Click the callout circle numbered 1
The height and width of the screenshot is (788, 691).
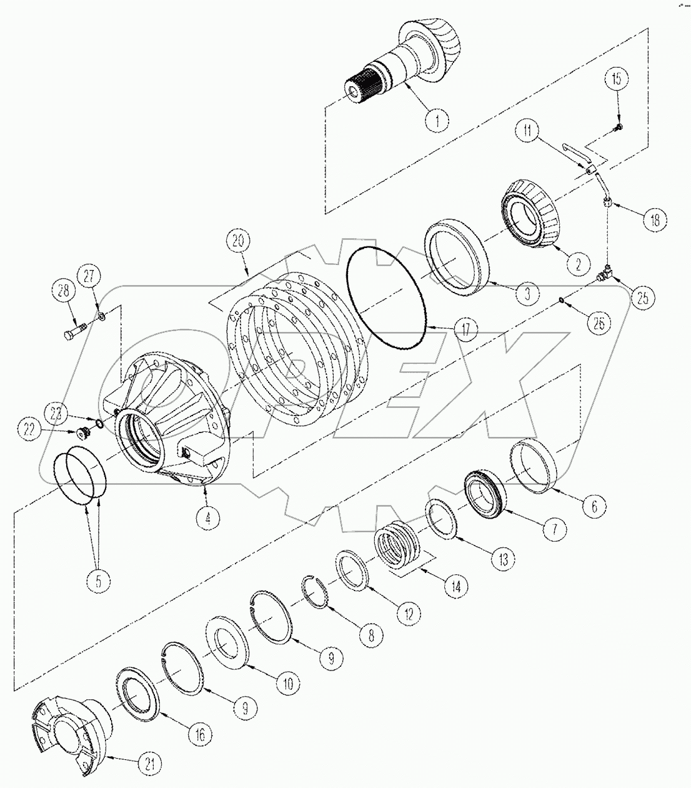pos(437,119)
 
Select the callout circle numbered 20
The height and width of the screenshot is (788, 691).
pos(242,241)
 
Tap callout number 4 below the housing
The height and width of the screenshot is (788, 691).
pos(207,516)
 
